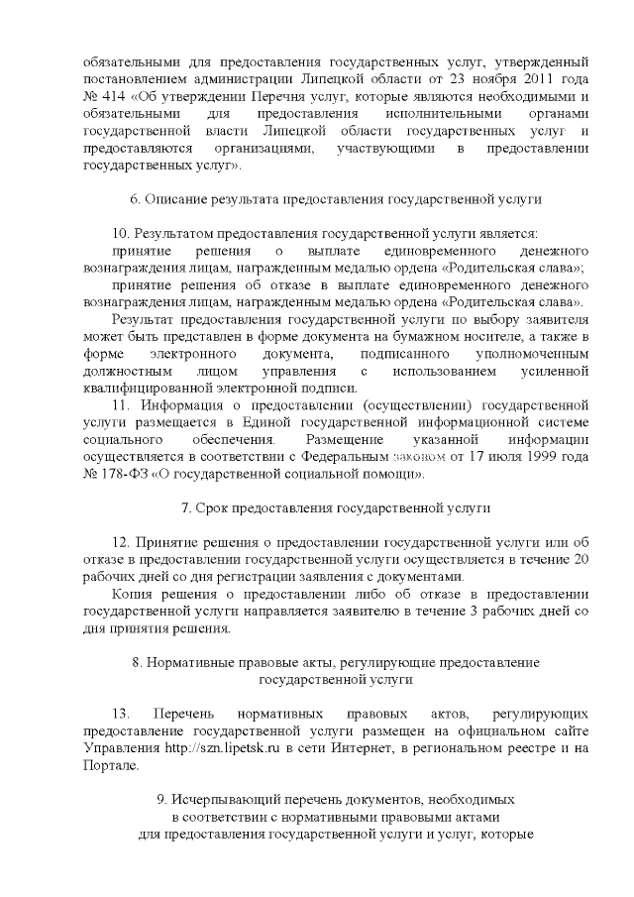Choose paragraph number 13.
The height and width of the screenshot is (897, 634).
[122, 714]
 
